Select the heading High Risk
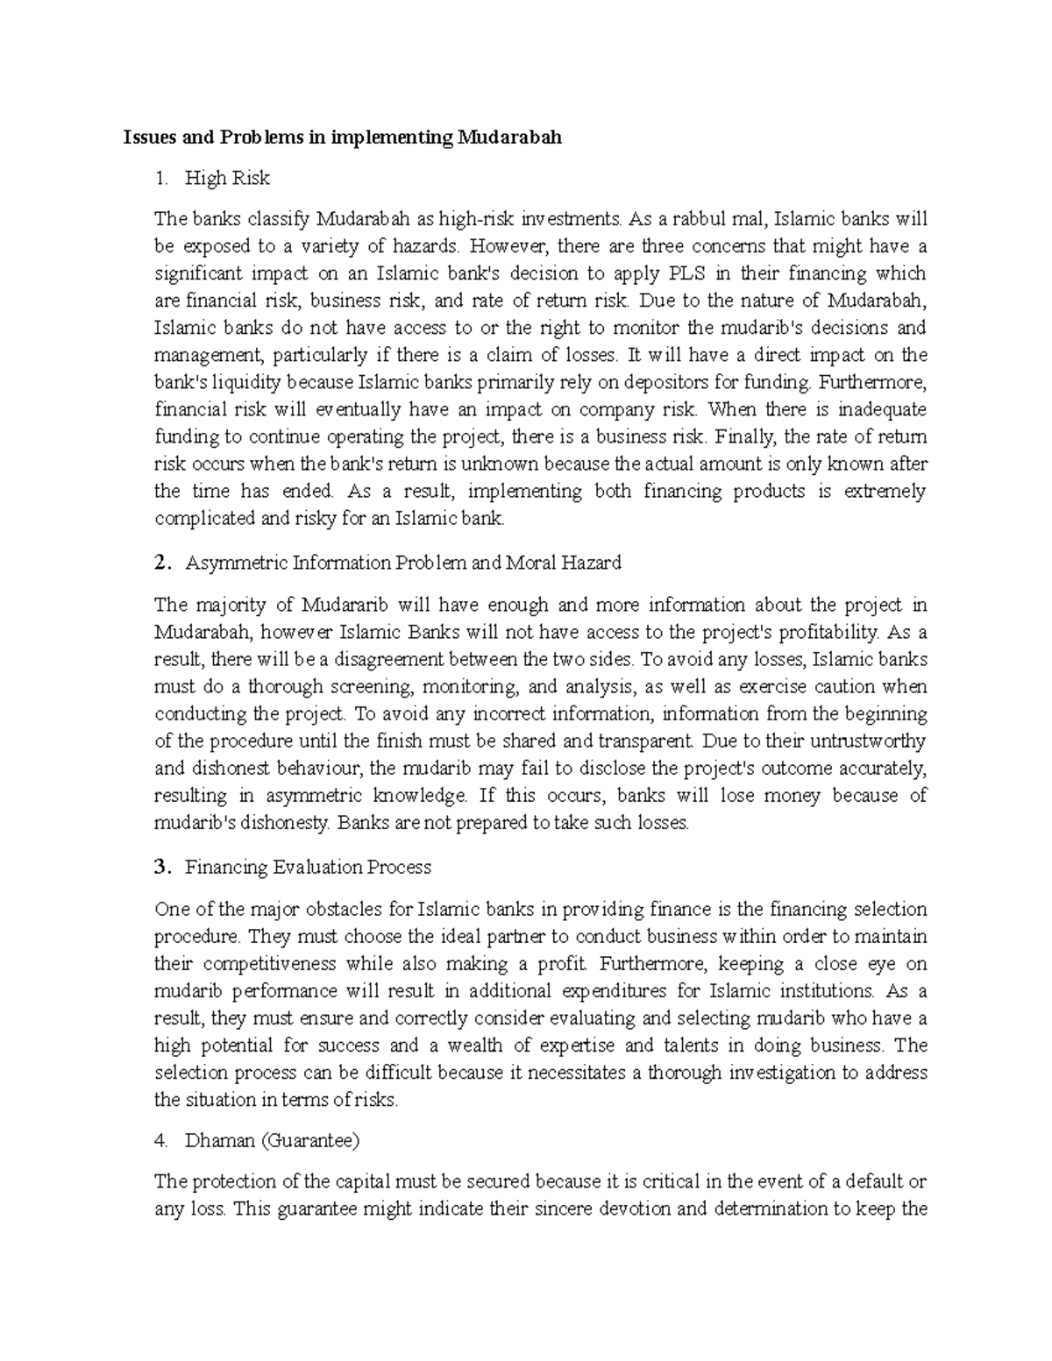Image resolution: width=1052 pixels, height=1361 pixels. point(227,179)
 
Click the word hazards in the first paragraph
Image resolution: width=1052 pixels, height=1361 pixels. point(415,245)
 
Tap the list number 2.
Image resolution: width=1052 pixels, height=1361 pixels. point(160,563)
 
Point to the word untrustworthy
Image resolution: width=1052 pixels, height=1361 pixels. point(857,741)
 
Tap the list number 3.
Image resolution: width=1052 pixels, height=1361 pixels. point(160,868)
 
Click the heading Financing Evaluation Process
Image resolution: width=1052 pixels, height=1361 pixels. point(308,868)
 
